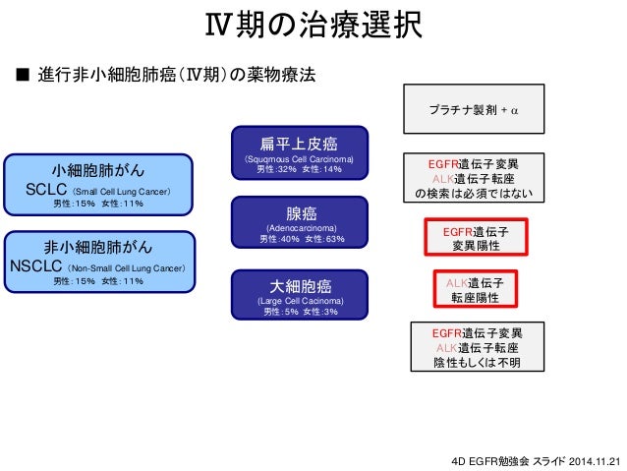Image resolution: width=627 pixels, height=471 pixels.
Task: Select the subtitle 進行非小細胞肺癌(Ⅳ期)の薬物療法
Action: (177, 76)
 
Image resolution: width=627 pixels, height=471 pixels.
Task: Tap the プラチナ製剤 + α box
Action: (467, 108)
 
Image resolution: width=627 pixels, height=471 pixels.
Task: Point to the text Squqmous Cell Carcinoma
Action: (299, 159)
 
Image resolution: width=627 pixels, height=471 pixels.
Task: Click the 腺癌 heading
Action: (299, 213)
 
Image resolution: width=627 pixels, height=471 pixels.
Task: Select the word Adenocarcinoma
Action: (299, 228)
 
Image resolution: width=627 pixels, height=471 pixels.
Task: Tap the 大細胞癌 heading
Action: (299, 286)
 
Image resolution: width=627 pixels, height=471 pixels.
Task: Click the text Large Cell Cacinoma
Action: (299, 301)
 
